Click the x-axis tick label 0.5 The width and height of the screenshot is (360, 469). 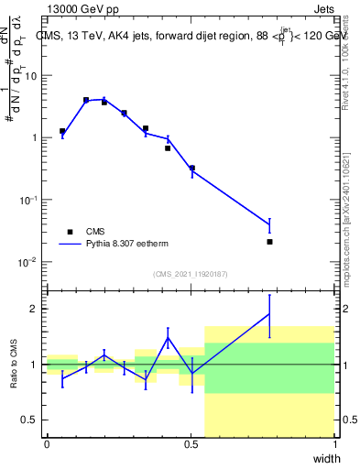tap(191, 444)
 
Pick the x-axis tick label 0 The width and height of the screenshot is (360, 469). tap(47, 444)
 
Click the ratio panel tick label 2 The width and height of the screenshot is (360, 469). tap(36, 309)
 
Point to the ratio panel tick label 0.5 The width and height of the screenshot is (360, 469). tap(31, 420)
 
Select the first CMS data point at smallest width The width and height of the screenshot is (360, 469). tap(62, 131)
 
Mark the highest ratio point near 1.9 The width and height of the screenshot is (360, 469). tap(269, 314)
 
